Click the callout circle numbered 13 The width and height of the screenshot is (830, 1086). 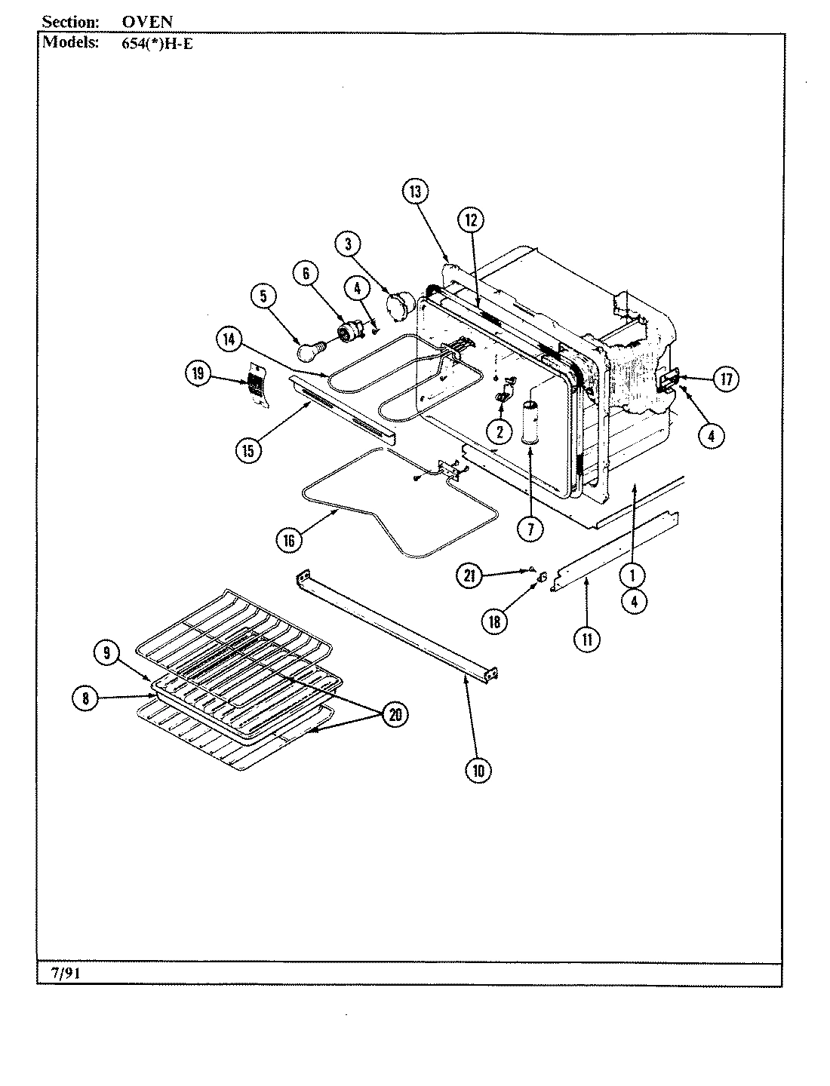pyautogui.click(x=414, y=192)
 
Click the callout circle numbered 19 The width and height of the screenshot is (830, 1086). pyautogui.click(x=197, y=373)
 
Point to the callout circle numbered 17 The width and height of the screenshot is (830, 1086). pyautogui.click(x=726, y=379)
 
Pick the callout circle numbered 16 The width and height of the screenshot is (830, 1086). pyautogui.click(x=289, y=540)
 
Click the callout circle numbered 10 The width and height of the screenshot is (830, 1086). pyautogui.click(x=478, y=770)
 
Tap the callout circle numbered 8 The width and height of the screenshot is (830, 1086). pyautogui.click(x=85, y=699)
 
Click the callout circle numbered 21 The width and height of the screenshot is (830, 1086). pyautogui.click(x=469, y=577)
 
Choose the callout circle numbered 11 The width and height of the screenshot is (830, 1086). pyautogui.click(x=587, y=640)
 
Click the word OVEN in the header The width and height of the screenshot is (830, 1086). pyautogui.click(x=147, y=23)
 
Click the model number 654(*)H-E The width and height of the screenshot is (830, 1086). pyautogui.click(x=157, y=43)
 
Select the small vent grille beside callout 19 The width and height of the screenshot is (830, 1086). pyautogui.click(x=257, y=385)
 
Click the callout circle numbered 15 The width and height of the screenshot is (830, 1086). pyautogui.click(x=247, y=450)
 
